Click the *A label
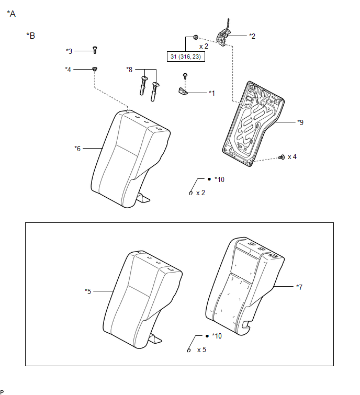(x=12, y=14)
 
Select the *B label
(x=31, y=36)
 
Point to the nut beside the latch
(x=196, y=37)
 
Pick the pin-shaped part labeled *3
(x=95, y=50)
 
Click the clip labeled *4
(x=95, y=69)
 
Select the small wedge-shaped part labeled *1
(x=183, y=92)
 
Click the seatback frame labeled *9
(x=253, y=123)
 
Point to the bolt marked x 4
(x=282, y=157)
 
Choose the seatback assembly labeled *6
(x=130, y=159)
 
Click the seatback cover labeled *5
(x=142, y=299)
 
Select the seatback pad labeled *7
(x=244, y=286)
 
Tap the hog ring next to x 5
(x=189, y=350)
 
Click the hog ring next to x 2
(x=190, y=193)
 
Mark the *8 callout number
(x=129, y=70)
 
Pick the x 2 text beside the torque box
(x=204, y=47)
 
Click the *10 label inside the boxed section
(x=217, y=336)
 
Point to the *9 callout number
(x=300, y=122)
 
